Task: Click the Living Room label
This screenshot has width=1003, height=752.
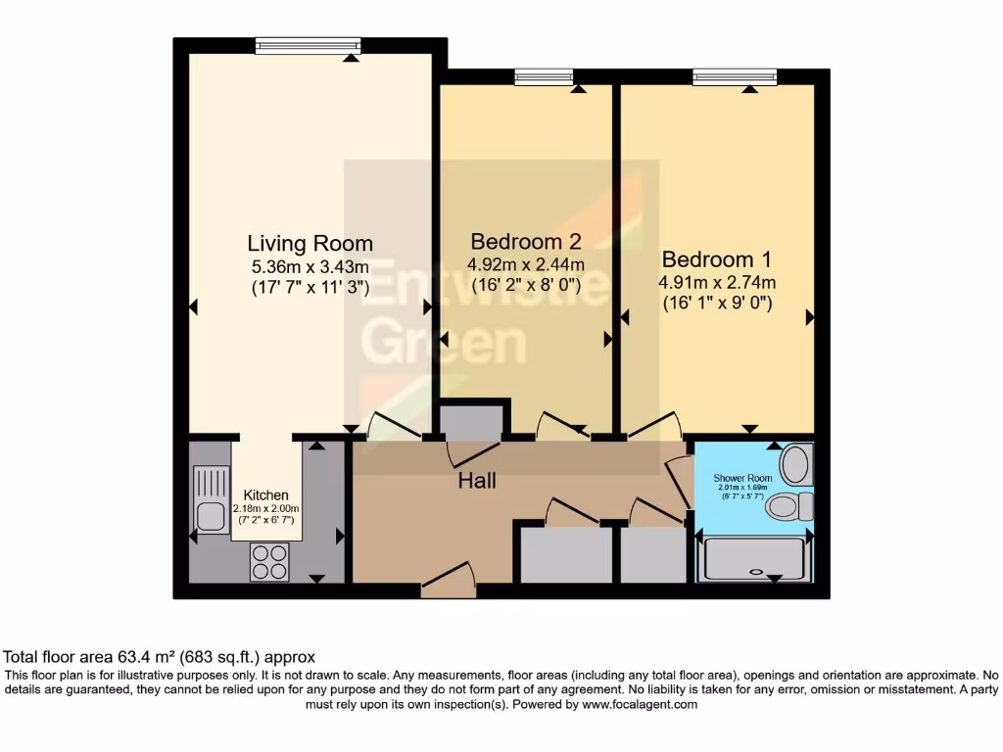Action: click(x=310, y=244)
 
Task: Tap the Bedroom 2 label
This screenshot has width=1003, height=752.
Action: click(x=526, y=241)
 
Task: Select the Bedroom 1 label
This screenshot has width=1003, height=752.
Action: click(x=716, y=259)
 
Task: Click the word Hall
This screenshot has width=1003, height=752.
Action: click(x=477, y=481)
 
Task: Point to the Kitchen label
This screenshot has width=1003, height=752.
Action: click(x=265, y=495)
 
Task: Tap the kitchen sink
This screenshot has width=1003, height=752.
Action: click(x=211, y=498)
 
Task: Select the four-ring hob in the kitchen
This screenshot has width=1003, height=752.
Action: click(x=270, y=561)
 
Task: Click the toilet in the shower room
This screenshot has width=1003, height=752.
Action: click(x=789, y=506)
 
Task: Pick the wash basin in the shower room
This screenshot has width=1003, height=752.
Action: click(x=797, y=463)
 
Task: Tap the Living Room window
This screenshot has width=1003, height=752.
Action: click(x=308, y=45)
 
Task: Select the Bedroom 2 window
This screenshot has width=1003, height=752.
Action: click(x=544, y=76)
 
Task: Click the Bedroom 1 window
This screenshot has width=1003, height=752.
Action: click(x=735, y=76)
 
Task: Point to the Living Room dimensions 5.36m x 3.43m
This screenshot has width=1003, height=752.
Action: click(x=310, y=266)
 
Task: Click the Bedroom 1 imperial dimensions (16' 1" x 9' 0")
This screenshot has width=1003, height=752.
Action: click(x=716, y=304)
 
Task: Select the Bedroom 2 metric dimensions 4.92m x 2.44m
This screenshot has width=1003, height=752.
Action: click(x=526, y=264)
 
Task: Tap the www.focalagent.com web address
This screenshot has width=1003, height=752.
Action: click(x=640, y=704)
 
